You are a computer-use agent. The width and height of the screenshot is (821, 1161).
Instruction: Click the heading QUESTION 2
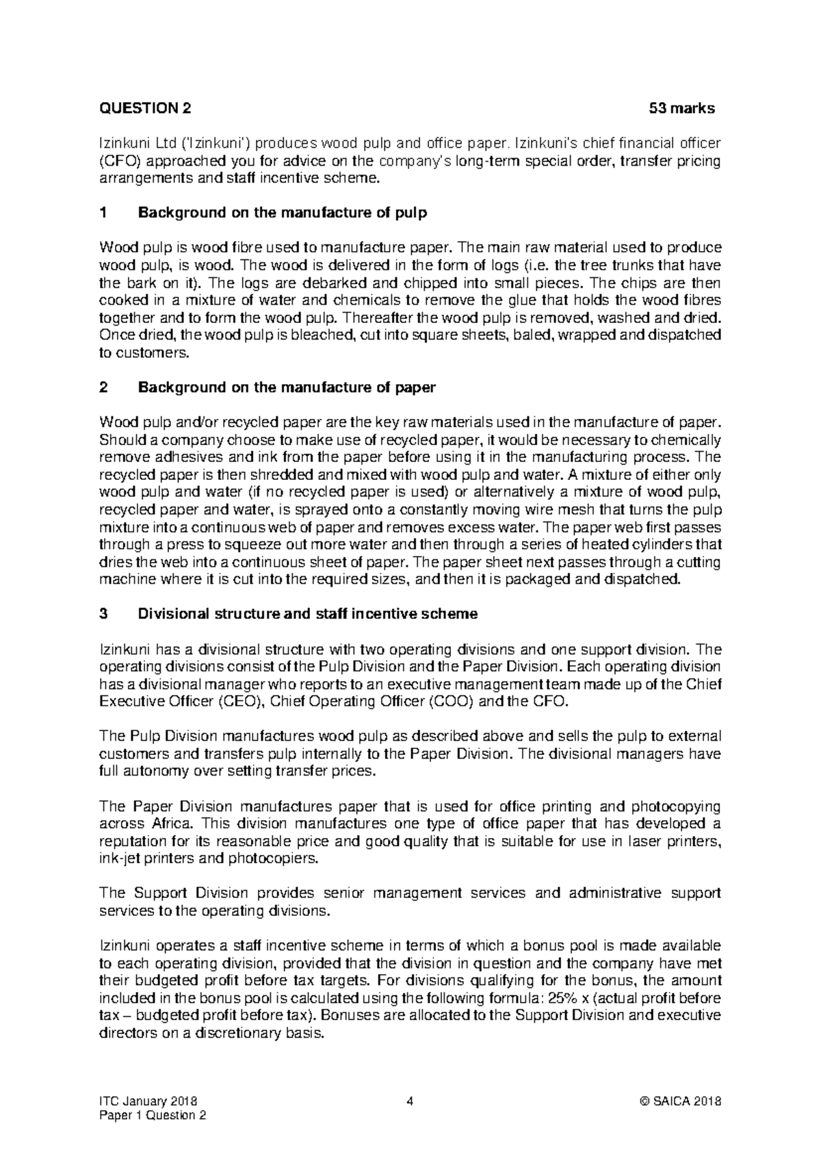(x=145, y=108)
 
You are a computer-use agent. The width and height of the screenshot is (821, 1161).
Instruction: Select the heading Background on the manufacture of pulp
(x=283, y=212)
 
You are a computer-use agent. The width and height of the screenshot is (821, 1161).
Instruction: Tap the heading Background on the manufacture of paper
(x=287, y=387)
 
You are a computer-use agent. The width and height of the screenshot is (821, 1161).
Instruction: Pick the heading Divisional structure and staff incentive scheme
(x=308, y=614)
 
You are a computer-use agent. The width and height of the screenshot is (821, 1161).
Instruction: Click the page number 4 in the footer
(x=410, y=1101)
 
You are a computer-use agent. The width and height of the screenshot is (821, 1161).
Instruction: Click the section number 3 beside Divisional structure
(x=103, y=614)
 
